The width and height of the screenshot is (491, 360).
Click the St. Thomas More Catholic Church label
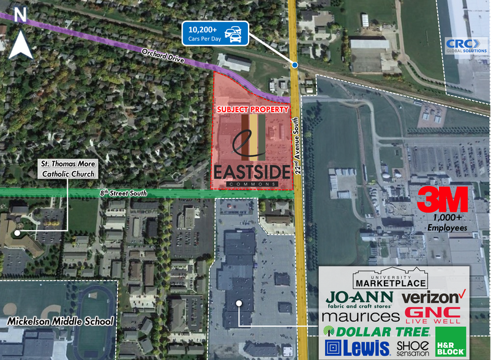[x=67, y=169]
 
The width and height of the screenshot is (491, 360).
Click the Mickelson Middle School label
[x=60, y=321]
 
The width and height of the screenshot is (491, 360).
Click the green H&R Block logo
[x=450, y=341]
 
